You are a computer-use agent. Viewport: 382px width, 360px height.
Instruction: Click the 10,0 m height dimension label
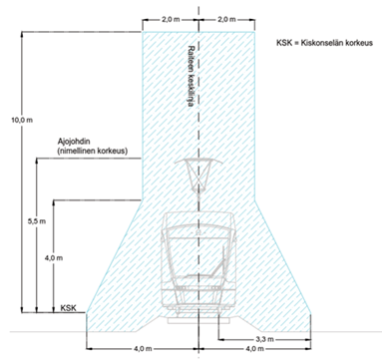(x=22, y=120)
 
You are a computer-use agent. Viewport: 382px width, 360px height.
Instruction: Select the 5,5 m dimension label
(x=37, y=221)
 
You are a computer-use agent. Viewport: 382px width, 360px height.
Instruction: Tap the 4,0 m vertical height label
(x=54, y=258)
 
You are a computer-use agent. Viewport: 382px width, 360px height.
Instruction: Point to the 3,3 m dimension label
(x=264, y=339)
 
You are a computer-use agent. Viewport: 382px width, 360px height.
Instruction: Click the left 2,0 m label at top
(x=171, y=19)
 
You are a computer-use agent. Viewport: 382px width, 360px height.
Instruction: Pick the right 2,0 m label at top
(x=226, y=19)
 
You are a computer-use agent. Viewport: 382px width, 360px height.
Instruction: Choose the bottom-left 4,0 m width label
(x=144, y=349)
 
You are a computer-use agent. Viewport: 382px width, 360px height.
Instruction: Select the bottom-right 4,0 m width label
(x=255, y=349)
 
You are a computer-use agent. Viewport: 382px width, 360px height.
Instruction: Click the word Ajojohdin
(x=74, y=143)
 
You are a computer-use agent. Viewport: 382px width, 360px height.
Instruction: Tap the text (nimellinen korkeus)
(x=93, y=151)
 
